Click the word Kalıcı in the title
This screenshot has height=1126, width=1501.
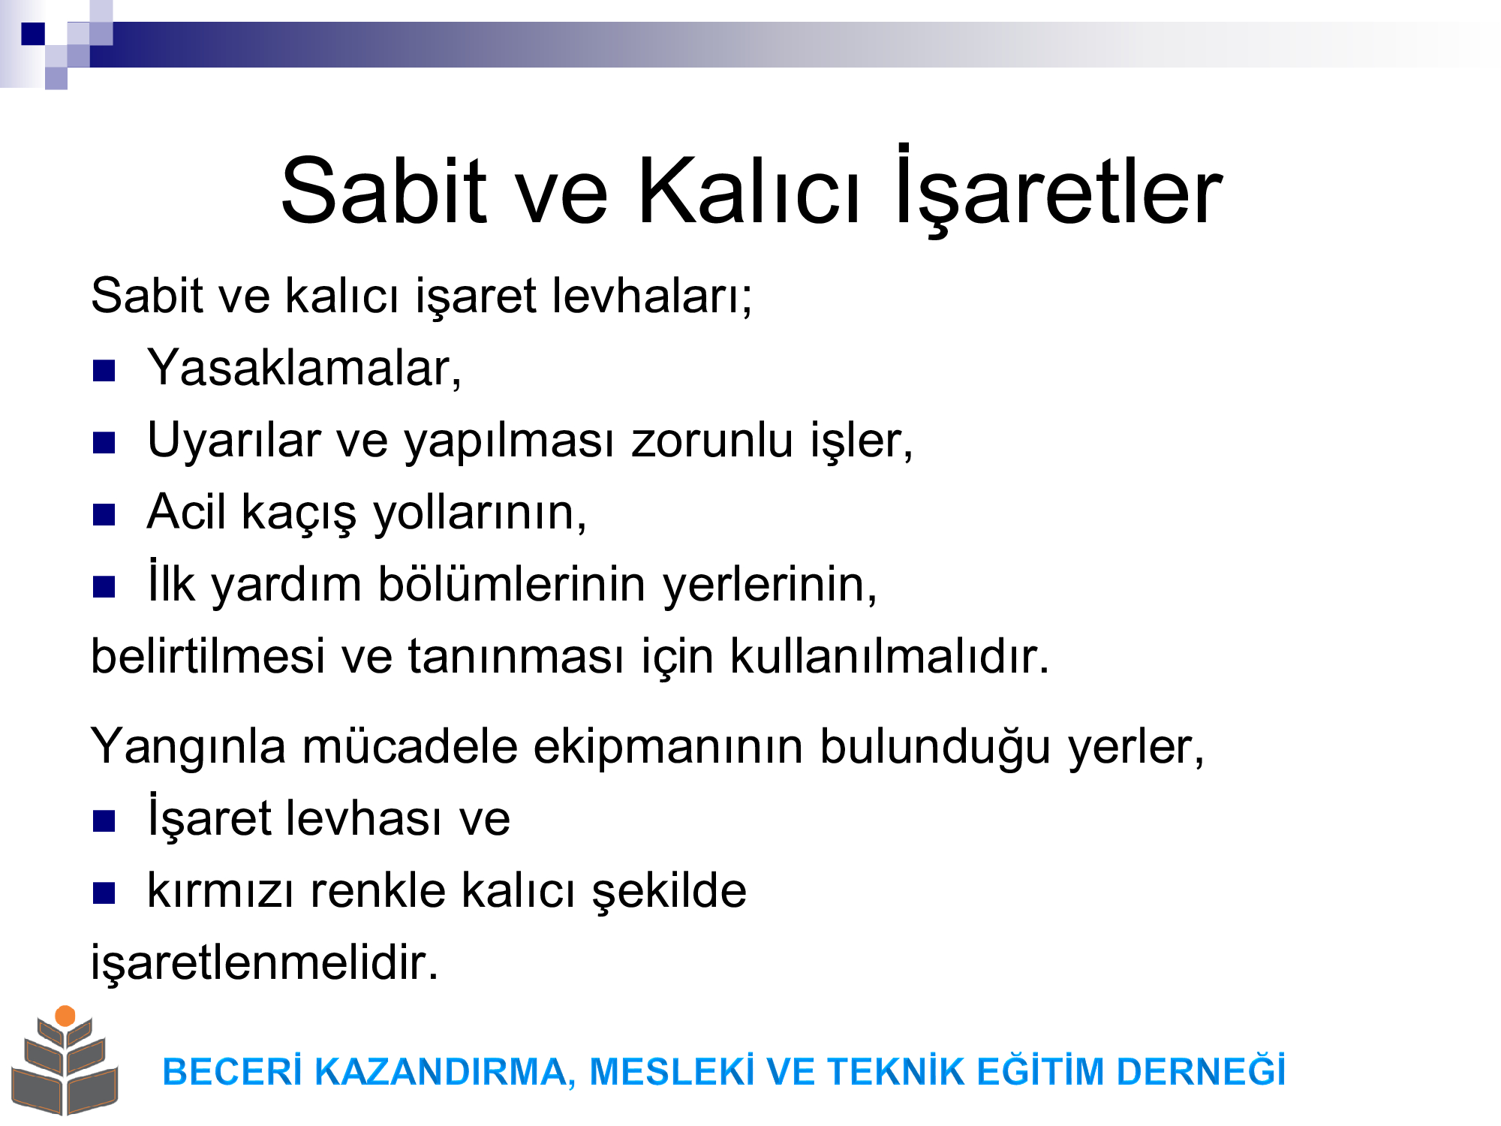coord(748,191)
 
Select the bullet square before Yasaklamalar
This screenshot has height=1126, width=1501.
coord(104,371)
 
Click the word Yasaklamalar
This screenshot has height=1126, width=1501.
coord(304,369)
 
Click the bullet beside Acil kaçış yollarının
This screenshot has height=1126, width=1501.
coord(104,515)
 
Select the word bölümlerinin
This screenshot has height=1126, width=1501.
coord(511,584)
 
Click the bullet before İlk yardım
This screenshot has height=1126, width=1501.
coord(104,587)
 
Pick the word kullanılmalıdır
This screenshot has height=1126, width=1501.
coord(889,655)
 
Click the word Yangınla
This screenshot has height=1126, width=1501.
coord(188,748)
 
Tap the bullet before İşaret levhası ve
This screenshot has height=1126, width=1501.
coord(104,821)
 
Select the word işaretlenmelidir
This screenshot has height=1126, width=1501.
coord(264,962)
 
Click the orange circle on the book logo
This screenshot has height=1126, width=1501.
coord(65,1016)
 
